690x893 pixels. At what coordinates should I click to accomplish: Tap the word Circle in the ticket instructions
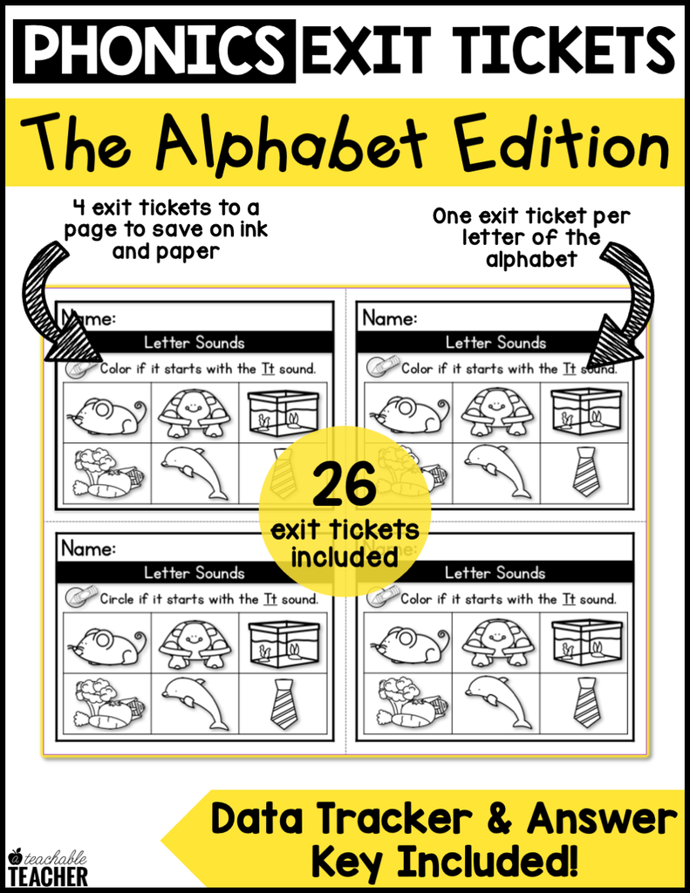coord(117,599)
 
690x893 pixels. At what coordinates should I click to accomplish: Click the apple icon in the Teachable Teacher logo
coord(15,856)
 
